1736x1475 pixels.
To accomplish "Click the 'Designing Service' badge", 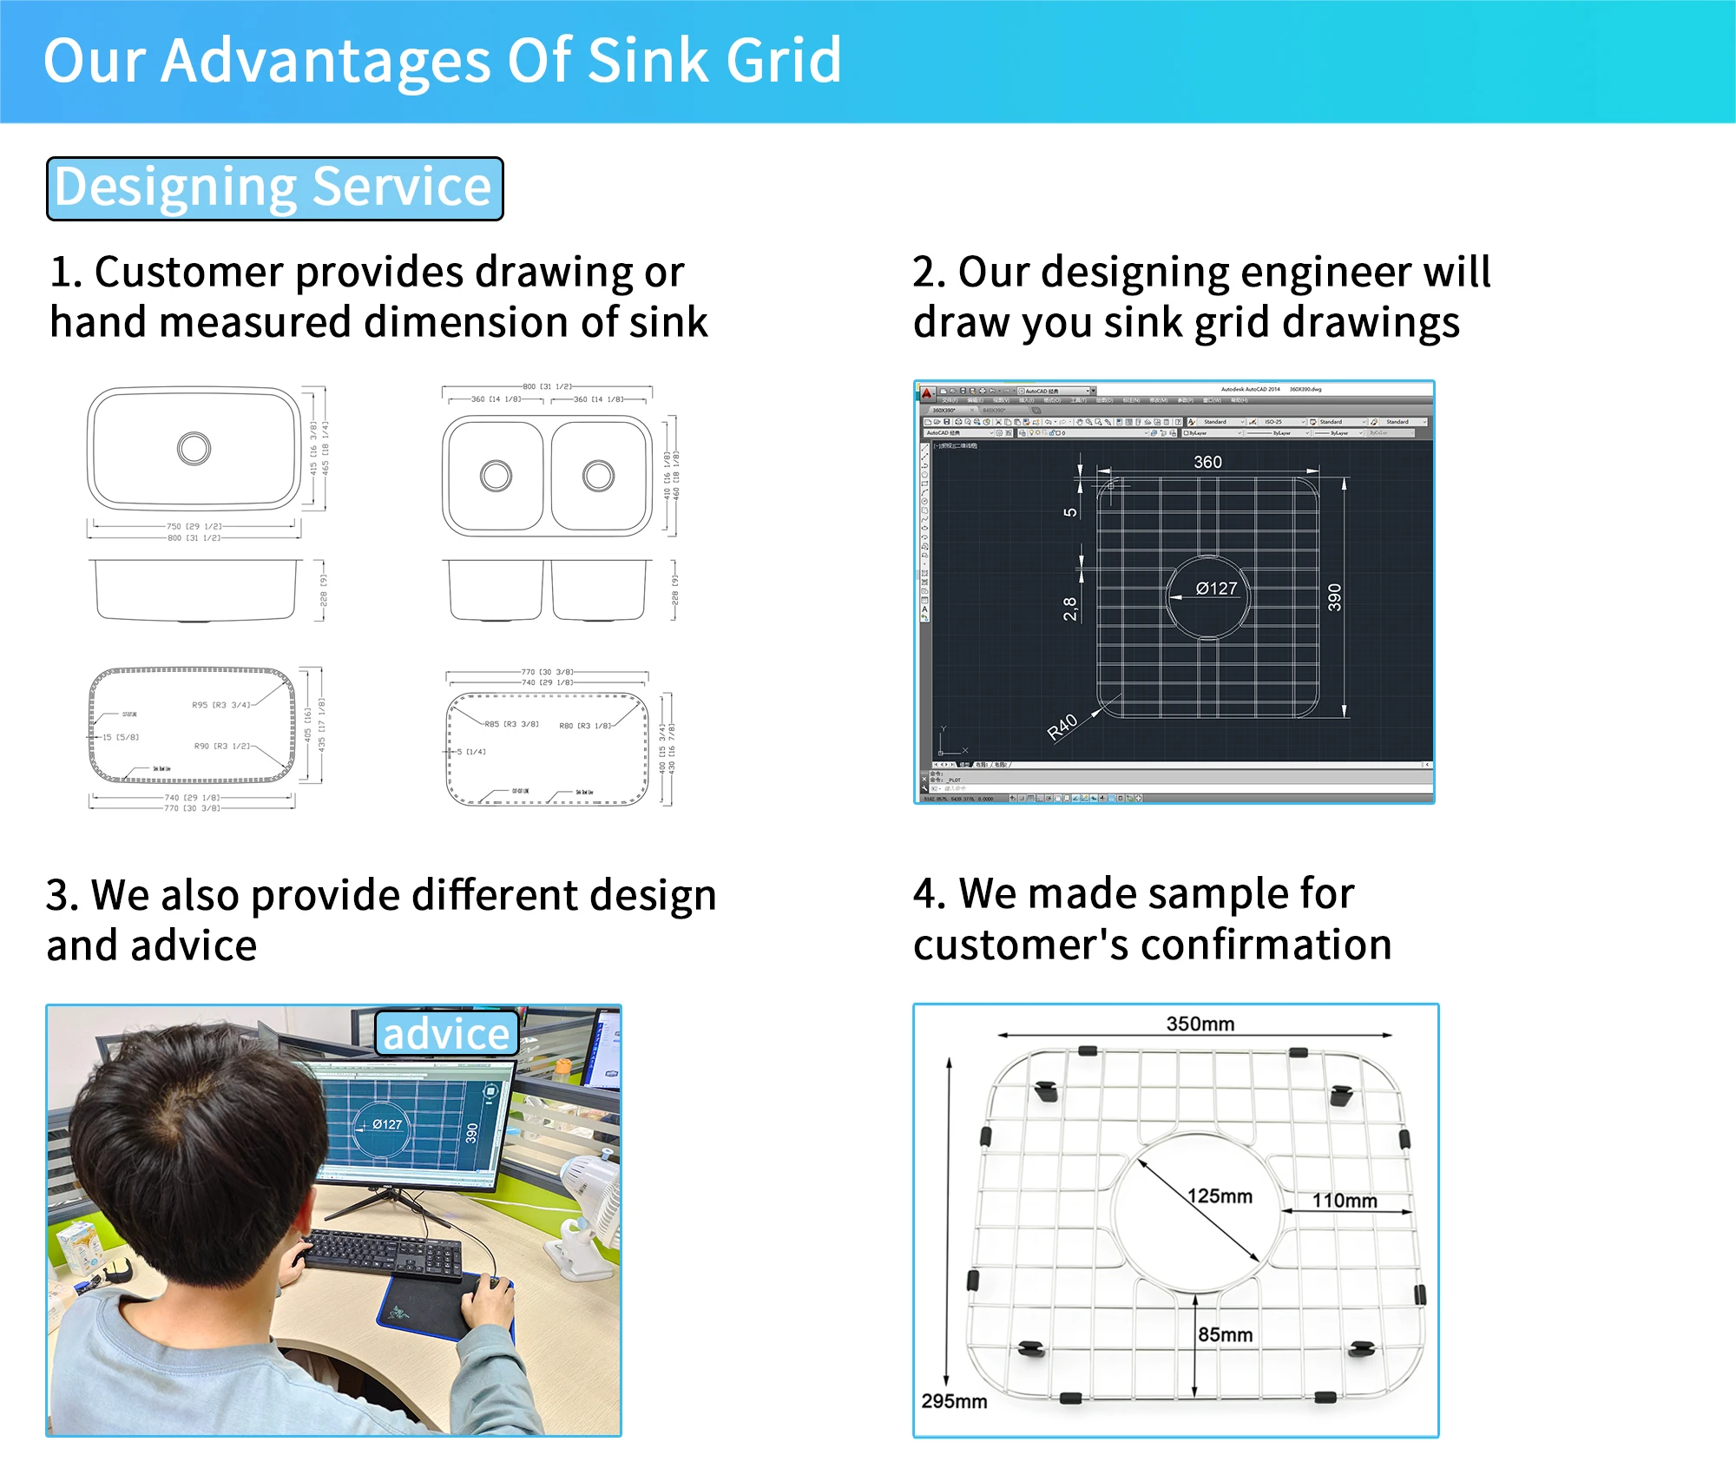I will [274, 188].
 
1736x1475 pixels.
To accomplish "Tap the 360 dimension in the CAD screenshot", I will [1207, 462].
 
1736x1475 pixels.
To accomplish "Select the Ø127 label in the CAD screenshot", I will [1216, 589].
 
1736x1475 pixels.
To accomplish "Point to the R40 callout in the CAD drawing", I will [1062, 727].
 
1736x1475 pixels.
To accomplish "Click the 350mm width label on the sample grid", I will [1200, 1024].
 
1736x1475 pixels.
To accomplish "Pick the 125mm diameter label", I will [1220, 1195].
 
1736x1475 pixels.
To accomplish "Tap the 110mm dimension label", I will [1344, 1200].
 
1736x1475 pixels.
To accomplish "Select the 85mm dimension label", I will [1225, 1334].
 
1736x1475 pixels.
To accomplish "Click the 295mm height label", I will [954, 1401].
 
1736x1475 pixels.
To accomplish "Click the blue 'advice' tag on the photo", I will [446, 1034].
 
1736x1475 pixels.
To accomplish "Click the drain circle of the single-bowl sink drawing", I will [194, 449].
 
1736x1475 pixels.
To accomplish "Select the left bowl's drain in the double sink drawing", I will [496, 476].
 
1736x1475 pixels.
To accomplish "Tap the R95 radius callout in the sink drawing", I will [220, 705].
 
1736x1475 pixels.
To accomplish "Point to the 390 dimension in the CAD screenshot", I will [1334, 597].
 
